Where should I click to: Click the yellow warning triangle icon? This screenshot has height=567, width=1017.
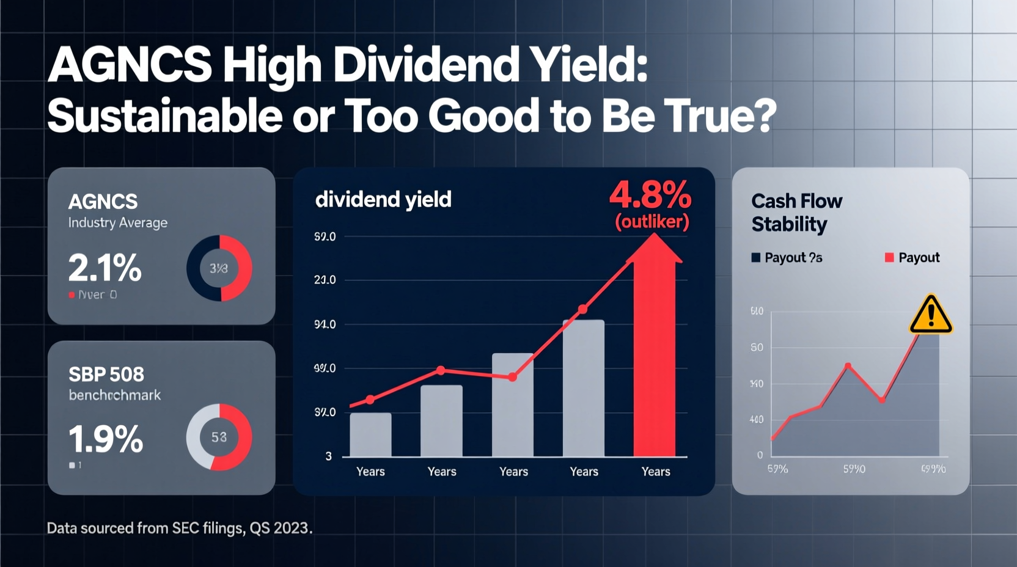point(931,315)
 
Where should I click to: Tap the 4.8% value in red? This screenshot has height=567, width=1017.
point(650,196)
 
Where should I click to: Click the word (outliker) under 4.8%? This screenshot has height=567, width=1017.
point(652,221)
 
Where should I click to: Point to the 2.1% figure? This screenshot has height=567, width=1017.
point(105,268)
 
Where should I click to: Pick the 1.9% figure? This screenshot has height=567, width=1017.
point(106,439)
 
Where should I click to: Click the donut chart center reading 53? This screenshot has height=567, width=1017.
point(219,437)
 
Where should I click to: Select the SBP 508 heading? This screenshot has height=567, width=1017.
point(106,374)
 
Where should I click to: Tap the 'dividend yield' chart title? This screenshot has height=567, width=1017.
point(383,199)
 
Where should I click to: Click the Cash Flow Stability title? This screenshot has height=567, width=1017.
point(796,213)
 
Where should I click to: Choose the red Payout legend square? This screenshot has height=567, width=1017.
point(889,257)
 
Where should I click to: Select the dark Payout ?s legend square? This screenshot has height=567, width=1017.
point(756,257)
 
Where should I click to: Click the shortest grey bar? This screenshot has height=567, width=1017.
point(370,434)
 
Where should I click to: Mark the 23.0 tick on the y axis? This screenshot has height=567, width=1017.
point(325,280)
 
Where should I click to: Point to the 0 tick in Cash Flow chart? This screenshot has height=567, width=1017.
point(760,455)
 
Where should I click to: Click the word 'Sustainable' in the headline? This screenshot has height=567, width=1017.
point(164,115)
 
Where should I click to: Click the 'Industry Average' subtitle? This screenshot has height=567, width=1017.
point(118,223)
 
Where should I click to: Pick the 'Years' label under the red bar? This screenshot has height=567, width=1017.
point(656,472)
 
